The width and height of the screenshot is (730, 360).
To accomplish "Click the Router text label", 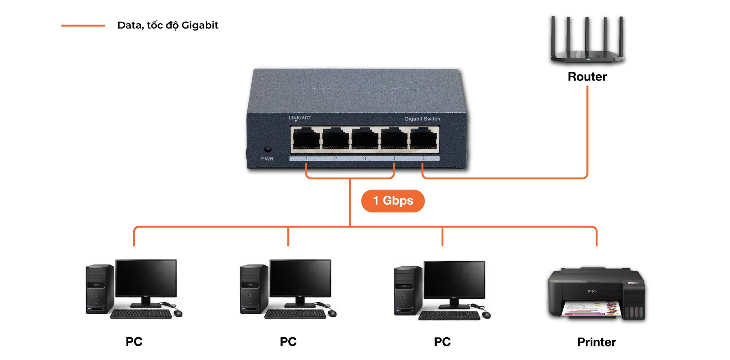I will tap(587, 77).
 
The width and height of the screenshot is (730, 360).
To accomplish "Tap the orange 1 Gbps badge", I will tap(393, 201).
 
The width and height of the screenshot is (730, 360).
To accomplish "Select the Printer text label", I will tap(596, 342).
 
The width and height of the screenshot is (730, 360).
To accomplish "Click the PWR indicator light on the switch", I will tap(267, 149).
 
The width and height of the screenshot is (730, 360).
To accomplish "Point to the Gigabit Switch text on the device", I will tap(422, 119).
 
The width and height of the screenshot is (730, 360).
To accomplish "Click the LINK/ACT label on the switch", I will tap(300, 118).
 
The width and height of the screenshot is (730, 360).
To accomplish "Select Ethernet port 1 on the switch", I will tap(306, 139).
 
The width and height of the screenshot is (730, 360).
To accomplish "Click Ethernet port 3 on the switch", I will tap(365, 139).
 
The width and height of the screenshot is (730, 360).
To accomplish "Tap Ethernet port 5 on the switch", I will tap(423, 139).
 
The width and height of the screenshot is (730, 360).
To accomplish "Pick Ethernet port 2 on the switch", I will tap(335, 139).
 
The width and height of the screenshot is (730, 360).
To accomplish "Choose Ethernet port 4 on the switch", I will tap(394, 139).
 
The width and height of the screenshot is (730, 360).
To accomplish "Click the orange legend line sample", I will tap(83, 26).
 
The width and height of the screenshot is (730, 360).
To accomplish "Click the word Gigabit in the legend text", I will tap(200, 25).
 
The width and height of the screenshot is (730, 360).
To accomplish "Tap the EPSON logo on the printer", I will tap(592, 292).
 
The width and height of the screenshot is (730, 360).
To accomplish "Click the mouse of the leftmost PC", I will tap(178, 313).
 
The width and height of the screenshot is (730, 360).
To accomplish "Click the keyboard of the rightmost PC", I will tap(449, 315).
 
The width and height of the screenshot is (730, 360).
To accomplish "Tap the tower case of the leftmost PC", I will tap(99, 289).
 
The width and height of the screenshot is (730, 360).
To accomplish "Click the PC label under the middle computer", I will tap(288, 341).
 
